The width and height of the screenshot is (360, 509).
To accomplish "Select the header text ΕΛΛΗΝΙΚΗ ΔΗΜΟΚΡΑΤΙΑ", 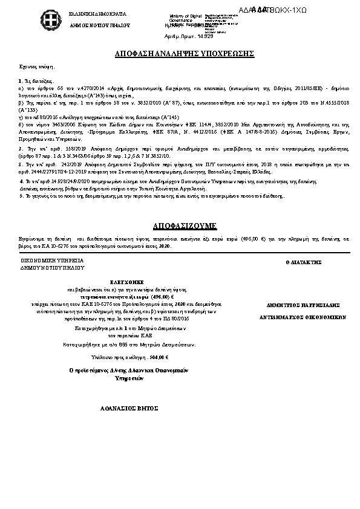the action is click(74, 13).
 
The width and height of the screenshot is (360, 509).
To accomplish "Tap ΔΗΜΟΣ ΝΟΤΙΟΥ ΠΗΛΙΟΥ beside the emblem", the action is click(74, 27).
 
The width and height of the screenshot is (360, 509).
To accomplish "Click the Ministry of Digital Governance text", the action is click(185, 18).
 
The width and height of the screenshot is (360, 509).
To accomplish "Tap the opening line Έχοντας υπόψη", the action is click(34, 69).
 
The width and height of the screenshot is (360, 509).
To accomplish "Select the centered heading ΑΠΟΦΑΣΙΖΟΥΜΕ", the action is click(180, 225).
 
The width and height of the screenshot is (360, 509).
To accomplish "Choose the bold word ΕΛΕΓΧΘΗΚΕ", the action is click(126, 282).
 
